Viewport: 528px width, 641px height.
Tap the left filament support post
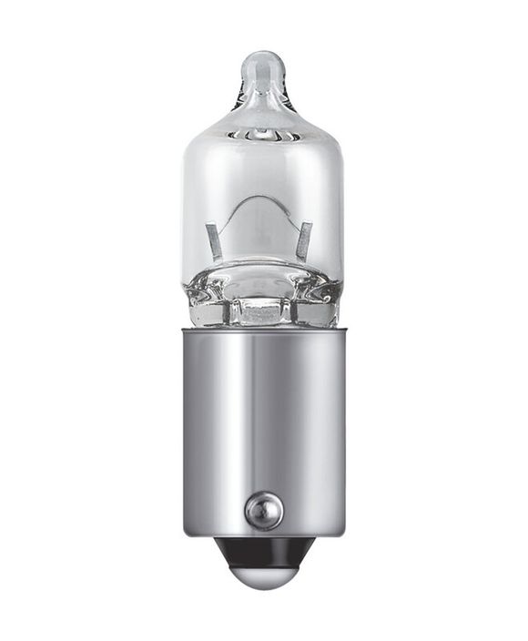coord(215,242)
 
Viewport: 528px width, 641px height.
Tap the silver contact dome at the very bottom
coord(263,575)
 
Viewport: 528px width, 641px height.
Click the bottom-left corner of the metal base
coord(185,534)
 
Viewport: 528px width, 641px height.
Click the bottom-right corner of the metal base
coord(343,534)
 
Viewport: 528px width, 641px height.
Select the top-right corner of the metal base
coord(344,330)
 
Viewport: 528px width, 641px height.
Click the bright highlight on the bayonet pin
coord(260,502)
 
